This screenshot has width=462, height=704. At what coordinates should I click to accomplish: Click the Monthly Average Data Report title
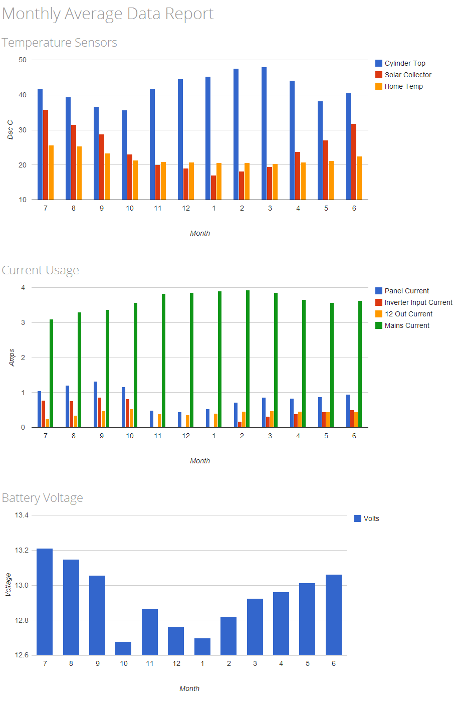108,14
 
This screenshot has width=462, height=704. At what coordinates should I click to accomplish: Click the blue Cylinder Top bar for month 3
264,133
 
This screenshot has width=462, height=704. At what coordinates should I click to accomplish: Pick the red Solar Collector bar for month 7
46,154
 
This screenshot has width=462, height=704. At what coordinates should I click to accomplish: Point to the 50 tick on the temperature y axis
23,60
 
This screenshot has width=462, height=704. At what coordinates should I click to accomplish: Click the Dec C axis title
10,130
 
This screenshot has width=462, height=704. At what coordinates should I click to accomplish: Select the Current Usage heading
41,270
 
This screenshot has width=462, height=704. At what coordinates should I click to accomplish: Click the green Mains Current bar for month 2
248,359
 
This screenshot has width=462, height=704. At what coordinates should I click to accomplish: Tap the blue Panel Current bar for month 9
95,404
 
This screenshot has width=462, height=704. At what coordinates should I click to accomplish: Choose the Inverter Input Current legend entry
418,302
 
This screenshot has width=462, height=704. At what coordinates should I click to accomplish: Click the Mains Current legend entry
406,325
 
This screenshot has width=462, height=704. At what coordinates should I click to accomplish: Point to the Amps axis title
12,358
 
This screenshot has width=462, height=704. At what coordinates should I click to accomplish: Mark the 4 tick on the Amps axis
23,287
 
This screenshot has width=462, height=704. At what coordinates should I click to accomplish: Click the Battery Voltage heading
43,498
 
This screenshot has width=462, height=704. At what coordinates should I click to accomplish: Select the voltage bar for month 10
123,648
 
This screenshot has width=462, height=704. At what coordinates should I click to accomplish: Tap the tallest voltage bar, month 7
45,602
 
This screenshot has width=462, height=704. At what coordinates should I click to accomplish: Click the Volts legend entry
371,518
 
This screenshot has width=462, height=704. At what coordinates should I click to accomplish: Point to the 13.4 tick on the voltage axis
22,515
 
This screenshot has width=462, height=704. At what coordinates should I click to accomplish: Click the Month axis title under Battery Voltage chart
189,688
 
